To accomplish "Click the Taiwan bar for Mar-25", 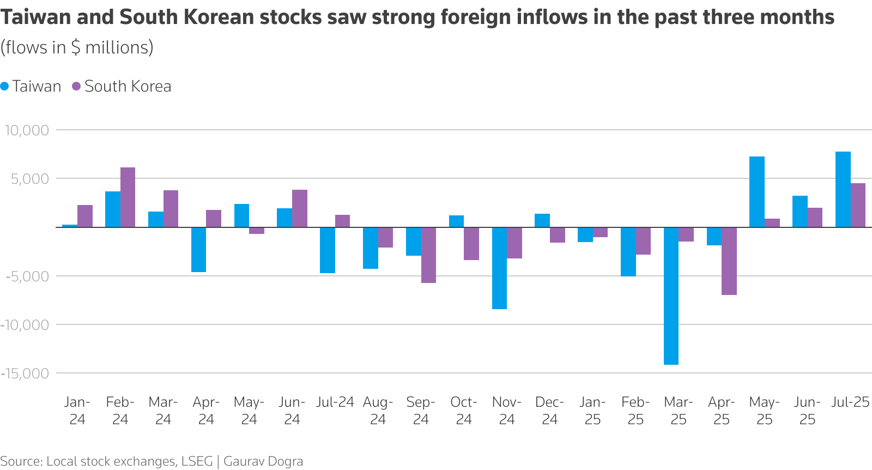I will [671, 296].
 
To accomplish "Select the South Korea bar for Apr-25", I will [729, 261].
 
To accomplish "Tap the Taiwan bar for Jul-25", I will [843, 189].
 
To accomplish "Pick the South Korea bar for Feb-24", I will [128, 197].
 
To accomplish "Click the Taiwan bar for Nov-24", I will [499, 268].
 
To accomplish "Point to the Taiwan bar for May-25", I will [756, 191].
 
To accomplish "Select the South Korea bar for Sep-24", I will [428, 255].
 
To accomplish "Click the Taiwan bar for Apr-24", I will [198, 249].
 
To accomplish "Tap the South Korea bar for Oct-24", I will [471, 243].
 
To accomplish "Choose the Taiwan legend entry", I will [31, 86].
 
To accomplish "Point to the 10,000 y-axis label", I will [27, 130].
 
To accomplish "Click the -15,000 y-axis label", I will [25, 373].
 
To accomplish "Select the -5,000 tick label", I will [27, 276].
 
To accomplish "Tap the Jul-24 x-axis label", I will [335, 402].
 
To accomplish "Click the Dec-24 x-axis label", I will [549, 411].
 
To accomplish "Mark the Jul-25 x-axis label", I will [850, 402].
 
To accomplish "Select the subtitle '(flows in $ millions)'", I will [77, 47].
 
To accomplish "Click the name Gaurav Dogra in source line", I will [263, 461].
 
